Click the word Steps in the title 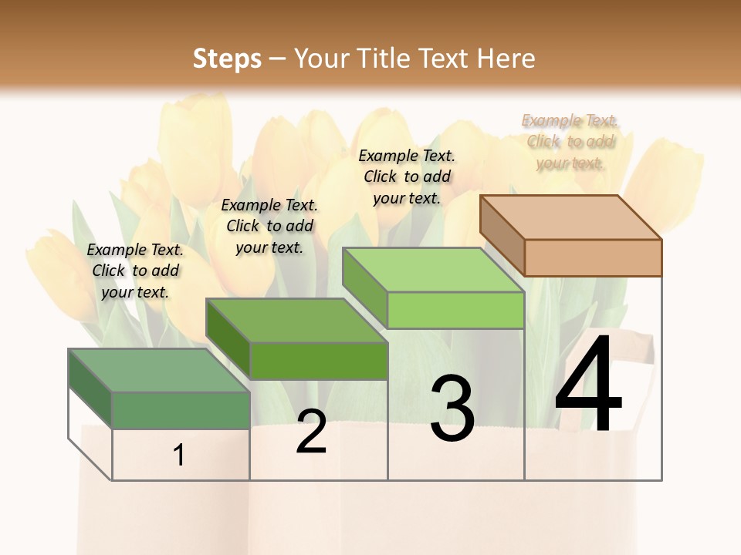[226, 59]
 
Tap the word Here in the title [506, 59]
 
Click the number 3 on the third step [452, 408]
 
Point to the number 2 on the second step [311, 431]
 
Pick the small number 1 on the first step [179, 456]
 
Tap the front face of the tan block [593, 257]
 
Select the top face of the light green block [434, 270]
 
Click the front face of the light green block [455, 311]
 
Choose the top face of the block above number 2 [296, 320]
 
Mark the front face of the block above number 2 [318, 361]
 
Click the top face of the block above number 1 [159, 370]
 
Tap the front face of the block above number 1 [181, 410]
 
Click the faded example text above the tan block [570, 142]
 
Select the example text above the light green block [407, 177]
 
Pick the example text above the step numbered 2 [269, 226]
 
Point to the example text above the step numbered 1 [135, 271]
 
